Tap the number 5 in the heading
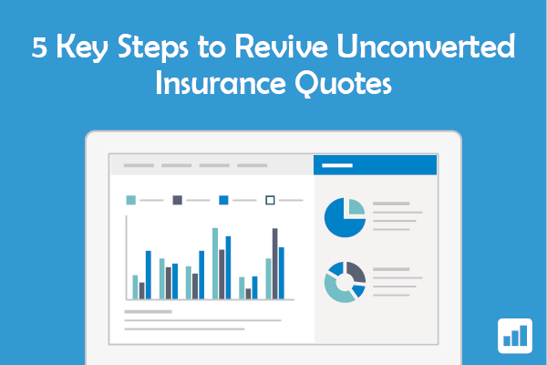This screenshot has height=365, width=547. tap(39, 47)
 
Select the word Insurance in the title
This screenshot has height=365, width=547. tap(221, 82)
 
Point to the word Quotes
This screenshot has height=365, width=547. tap(344, 83)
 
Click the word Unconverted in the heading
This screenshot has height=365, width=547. tap(426, 46)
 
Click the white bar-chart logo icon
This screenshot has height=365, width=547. tap(515, 336)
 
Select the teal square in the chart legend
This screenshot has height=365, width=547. tap(130, 200)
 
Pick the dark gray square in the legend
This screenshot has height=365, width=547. tap(177, 200)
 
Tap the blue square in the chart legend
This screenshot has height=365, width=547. tap(223, 200)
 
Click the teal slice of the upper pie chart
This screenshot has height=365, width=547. tap(356, 206)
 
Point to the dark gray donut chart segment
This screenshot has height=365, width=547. tap(357, 271)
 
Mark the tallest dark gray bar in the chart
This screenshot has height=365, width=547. tap(275, 264)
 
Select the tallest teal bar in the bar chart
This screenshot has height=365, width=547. tap(215, 264)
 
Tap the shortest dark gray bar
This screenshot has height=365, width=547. tap(248, 294)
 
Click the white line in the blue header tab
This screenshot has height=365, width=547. tap(337, 165)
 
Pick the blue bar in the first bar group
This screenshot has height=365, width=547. tap(149, 275)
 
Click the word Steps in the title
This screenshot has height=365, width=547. tap(153, 47)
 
